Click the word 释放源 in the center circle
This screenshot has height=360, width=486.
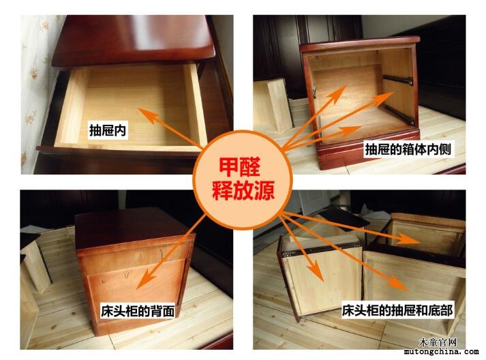(243, 190)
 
